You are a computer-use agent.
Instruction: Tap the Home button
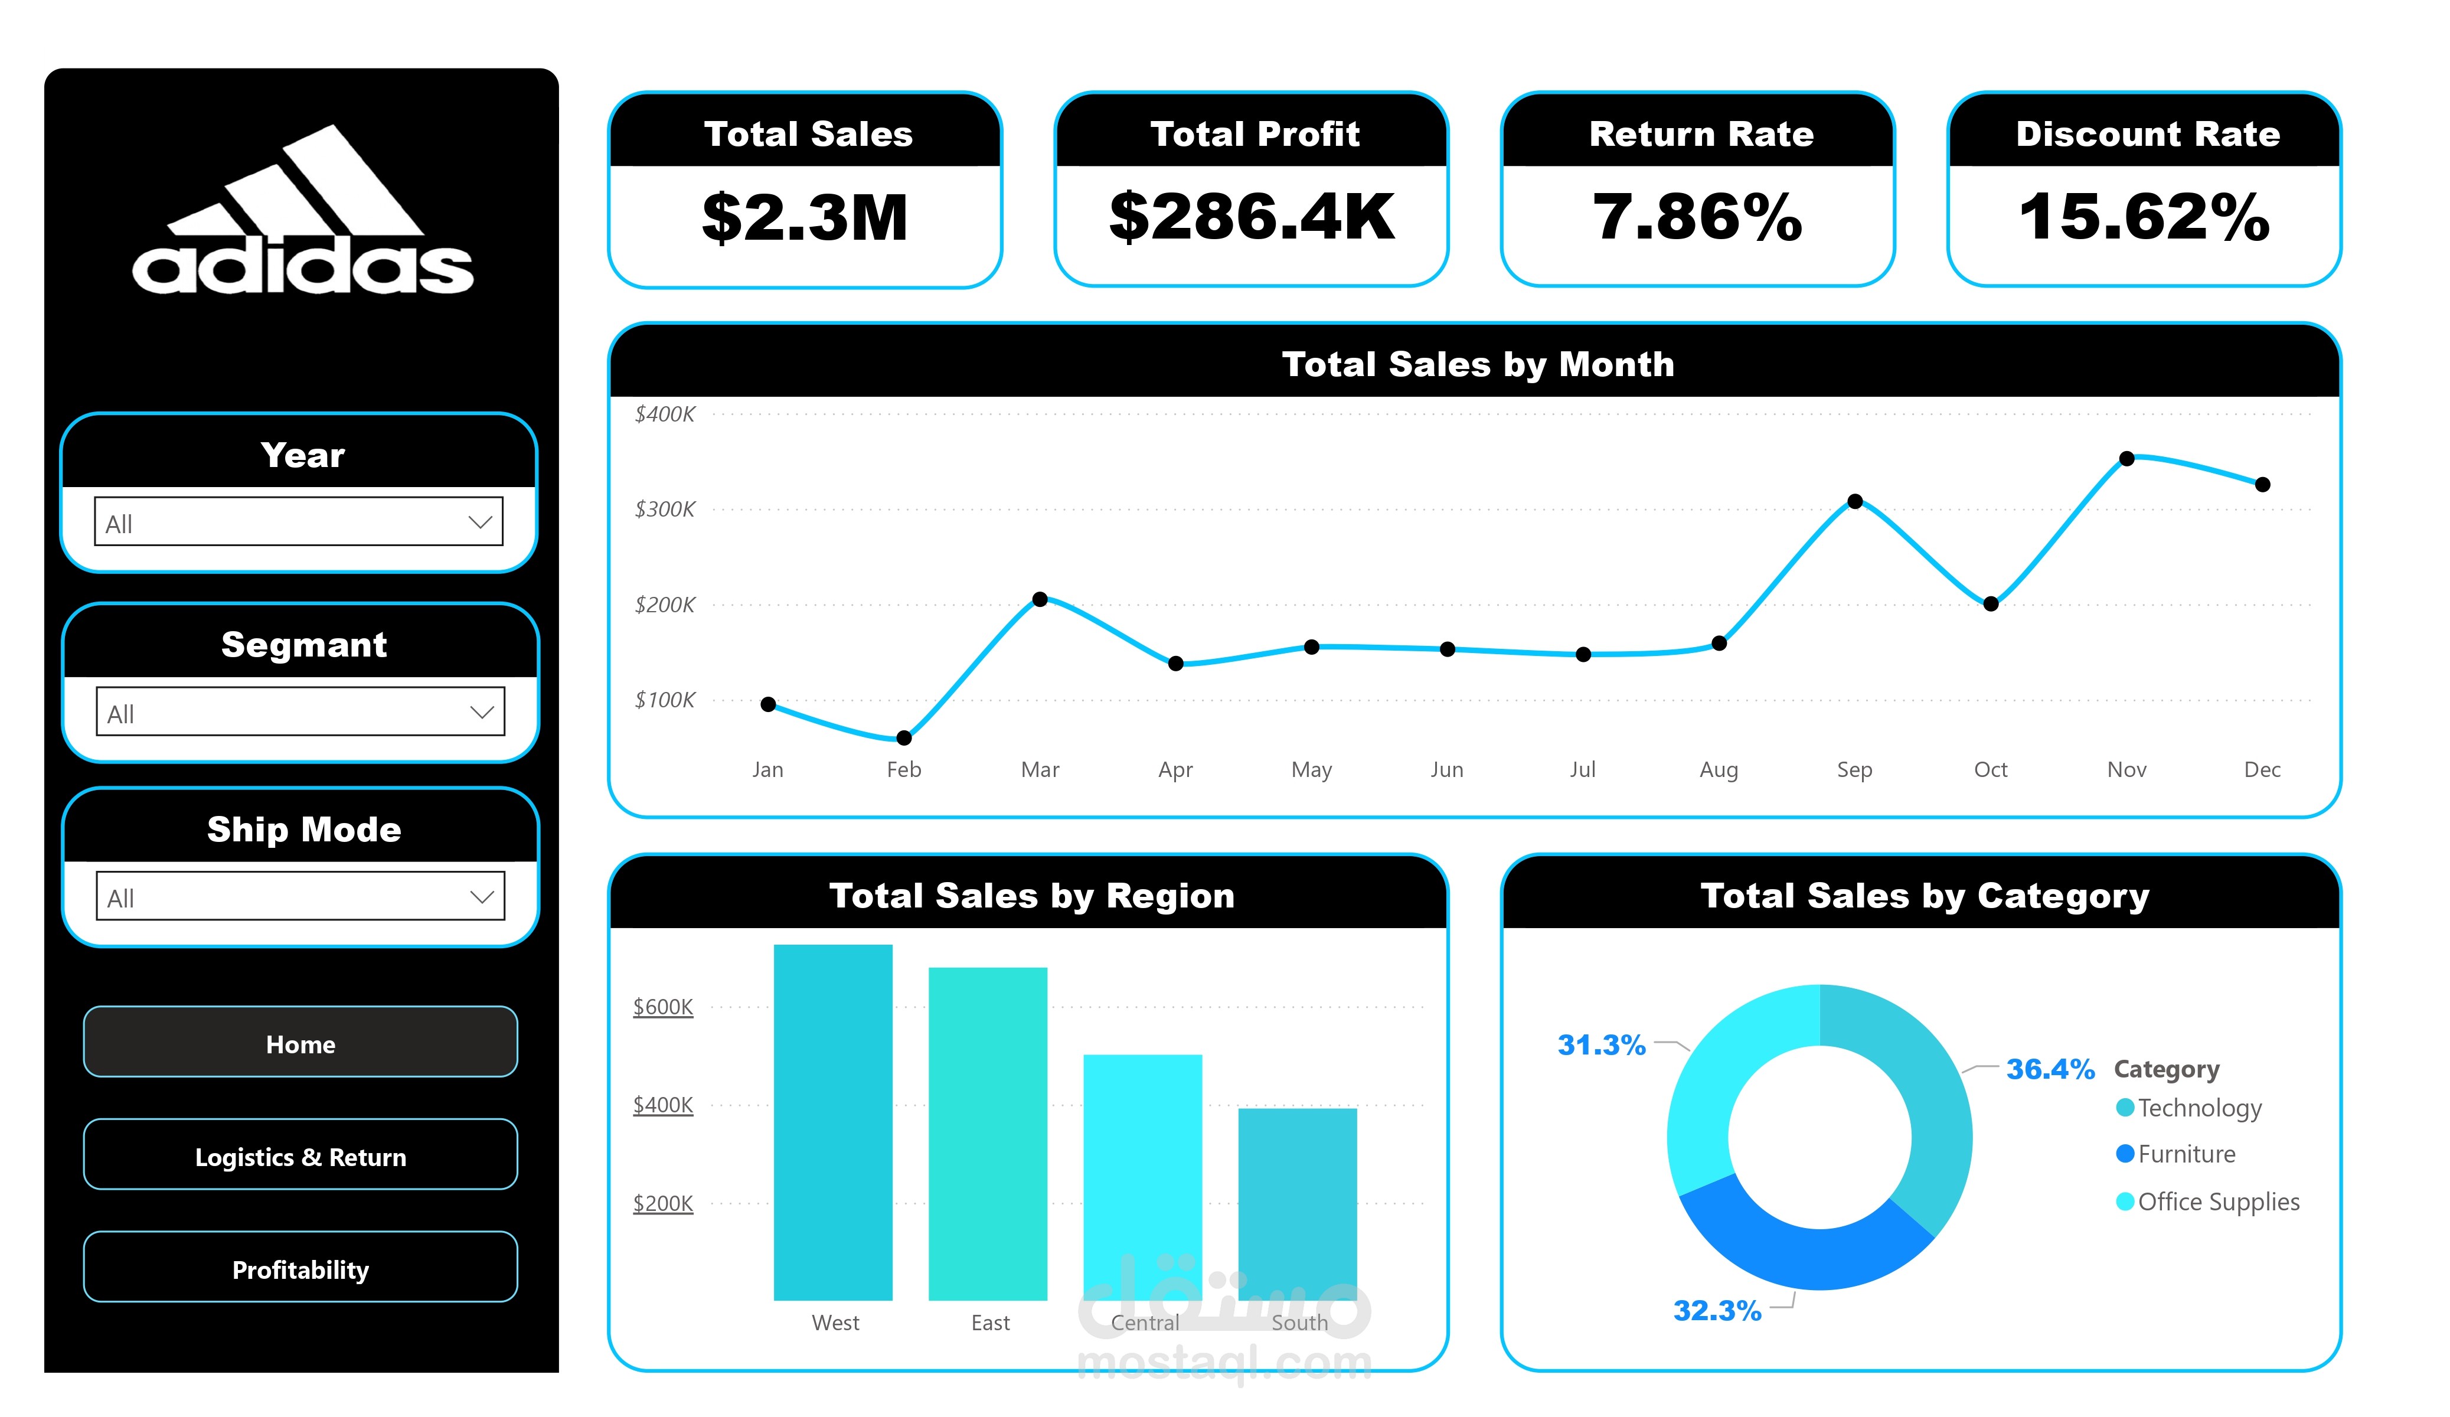[300, 1043]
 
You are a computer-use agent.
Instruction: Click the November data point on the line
[2126, 459]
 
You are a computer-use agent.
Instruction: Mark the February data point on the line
[903, 738]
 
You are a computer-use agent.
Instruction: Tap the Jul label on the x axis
[1582, 769]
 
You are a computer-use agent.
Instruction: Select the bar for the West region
[833, 1122]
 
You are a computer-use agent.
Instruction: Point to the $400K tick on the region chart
[663, 1105]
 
